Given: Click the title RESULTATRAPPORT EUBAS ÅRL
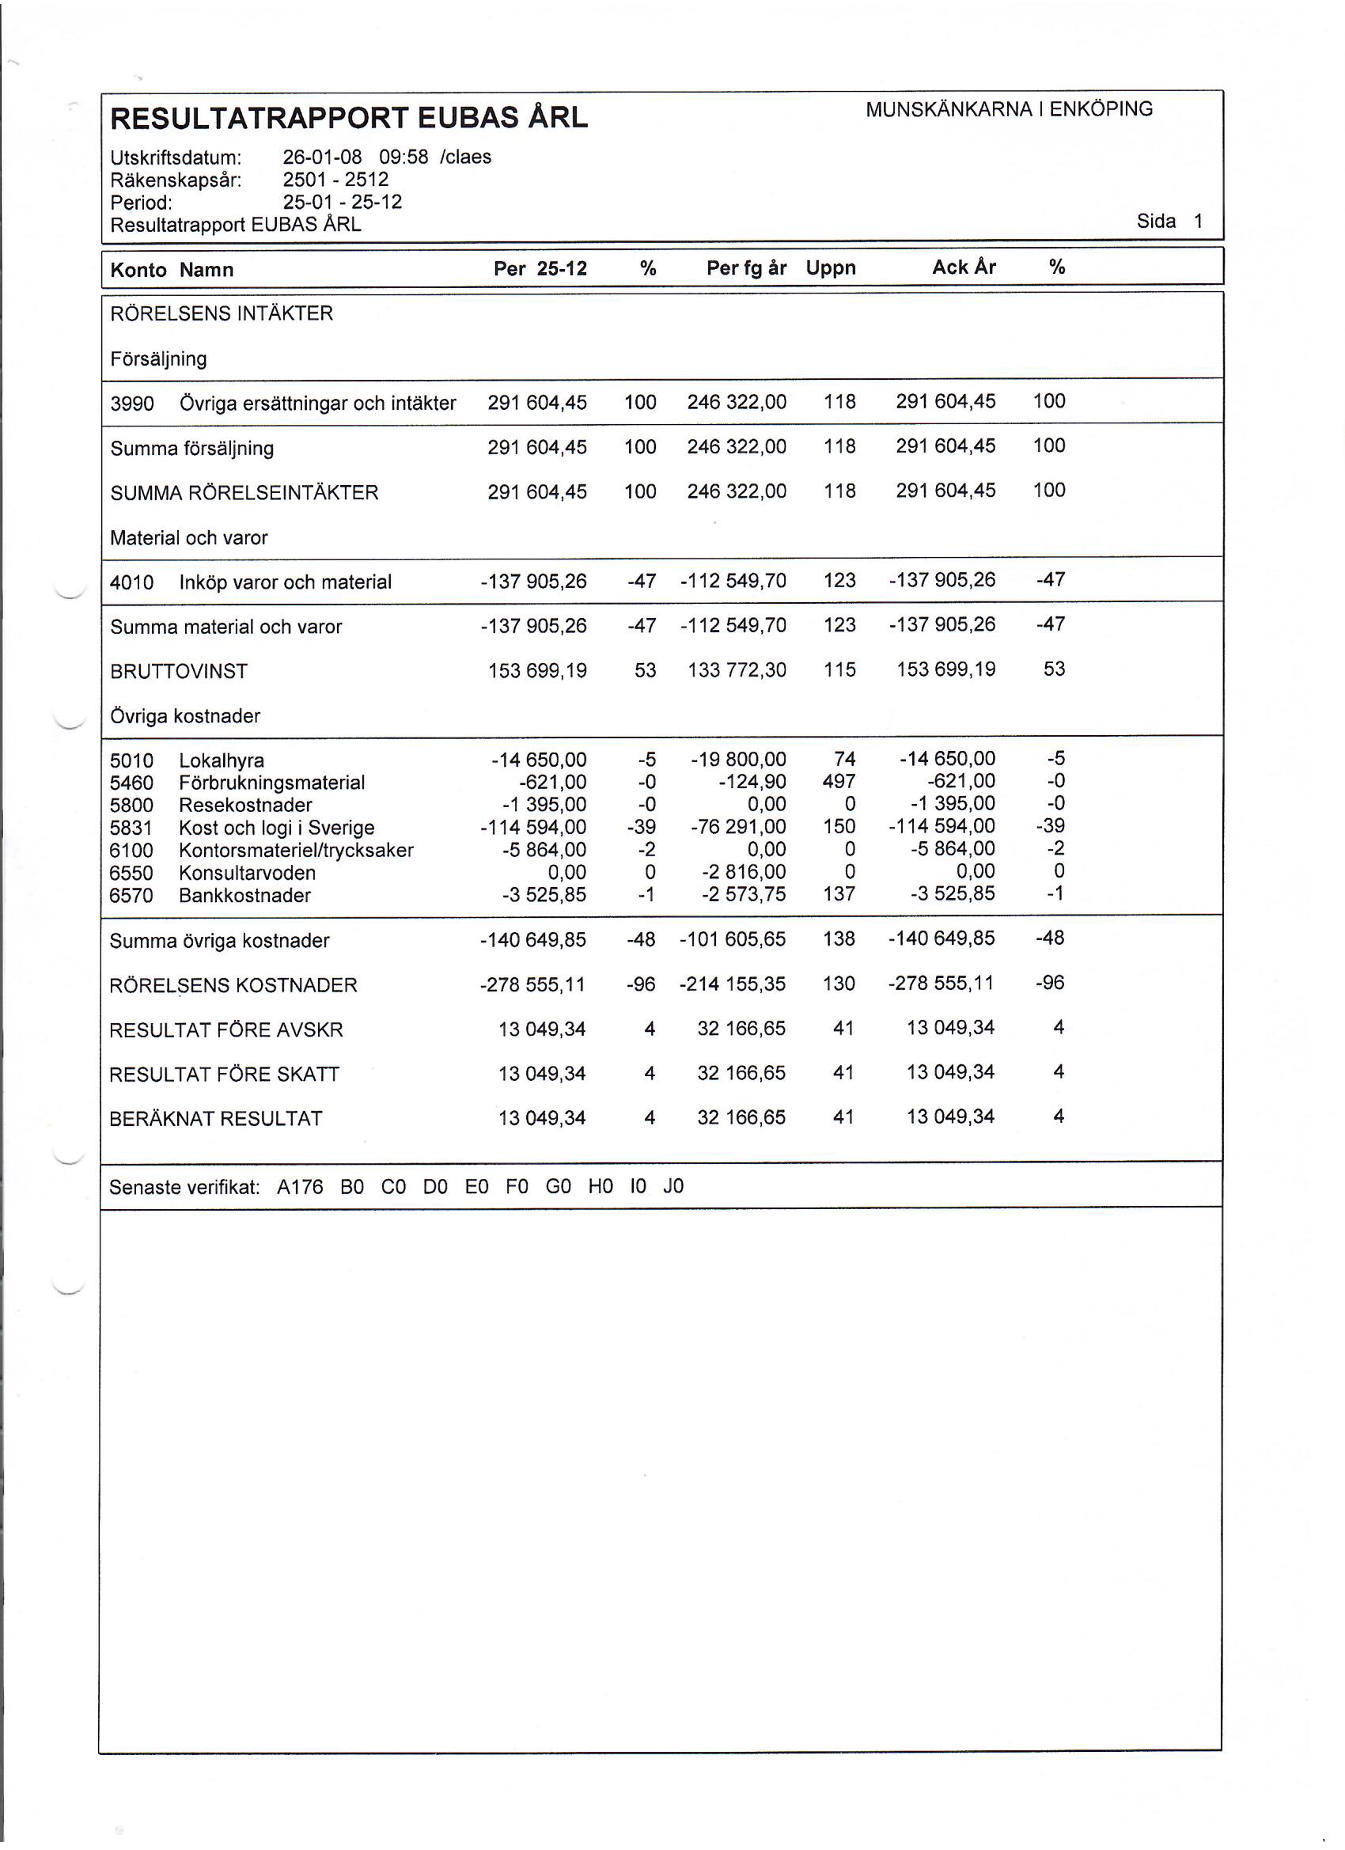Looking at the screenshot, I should pos(348,118).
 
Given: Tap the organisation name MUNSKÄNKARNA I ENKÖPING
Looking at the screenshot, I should pos(1009,109).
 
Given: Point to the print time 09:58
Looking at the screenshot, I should pos(403,157).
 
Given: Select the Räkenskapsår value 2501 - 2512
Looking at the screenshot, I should pos(335,180).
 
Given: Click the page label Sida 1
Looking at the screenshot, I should pos(1169,221).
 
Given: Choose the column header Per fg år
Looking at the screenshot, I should pos(745,267).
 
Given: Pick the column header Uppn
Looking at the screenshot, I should pos(830,267).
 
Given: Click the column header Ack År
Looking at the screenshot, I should pos(964,267).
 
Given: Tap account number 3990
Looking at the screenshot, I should pos(132,403).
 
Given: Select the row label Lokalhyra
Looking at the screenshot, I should pos(221,760).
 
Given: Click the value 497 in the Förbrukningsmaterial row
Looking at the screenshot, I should pos(839,782).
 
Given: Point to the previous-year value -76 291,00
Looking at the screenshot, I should pos(738,826).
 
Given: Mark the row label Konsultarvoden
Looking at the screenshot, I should pos(247,873).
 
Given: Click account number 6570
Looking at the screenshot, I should pos(131,896).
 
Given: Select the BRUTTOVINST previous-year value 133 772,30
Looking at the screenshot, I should pos(737,670).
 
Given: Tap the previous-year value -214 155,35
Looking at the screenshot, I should pos(732,984).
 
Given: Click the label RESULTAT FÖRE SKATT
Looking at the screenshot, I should pos(225,1075).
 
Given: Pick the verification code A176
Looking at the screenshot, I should pos(300,1187).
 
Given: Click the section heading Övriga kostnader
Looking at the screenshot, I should pos(185,716).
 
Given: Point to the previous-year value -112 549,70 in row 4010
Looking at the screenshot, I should pos(733,581).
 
